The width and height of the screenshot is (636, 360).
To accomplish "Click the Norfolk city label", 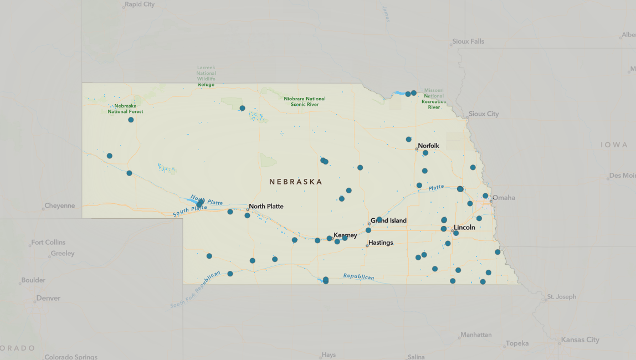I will pyautogui.click(x=428, y=146).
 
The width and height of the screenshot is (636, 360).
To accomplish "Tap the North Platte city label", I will pyautogui.click(x=266, y=207).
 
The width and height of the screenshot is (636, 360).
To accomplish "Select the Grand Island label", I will pyautogui.click(x=388, y=220).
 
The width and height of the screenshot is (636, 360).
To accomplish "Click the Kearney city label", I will pyautogui.click(x=345, y=235).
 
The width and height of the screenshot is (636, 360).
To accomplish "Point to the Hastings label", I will pyautogui.click(x=381, y=243).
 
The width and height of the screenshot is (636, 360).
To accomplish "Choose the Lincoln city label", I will pyautogui.click(x=464, y=228).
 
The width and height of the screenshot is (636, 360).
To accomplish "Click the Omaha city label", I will pyautogui.click(x=504, y=198).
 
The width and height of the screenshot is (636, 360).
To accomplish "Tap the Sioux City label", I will pyautogui.click(x=484, y=114).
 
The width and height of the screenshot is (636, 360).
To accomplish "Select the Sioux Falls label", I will pyautogui.click(x=468, y=42).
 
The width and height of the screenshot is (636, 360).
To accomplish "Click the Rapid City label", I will pyautogui.click(x=140, y=4).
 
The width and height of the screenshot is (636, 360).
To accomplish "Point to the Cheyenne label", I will pyautogui.click(x=59, y=206).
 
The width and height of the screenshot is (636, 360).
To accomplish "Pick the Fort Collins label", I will pyautogui.click(x=48, y=243).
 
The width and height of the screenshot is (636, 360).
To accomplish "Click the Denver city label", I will pyautogui.click(x=48, y=298).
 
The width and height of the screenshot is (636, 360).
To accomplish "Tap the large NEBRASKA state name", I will pyautogui.click(x=295, y=182).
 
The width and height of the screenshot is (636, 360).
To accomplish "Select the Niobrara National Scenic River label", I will pyautogui.click(x=305, y=101).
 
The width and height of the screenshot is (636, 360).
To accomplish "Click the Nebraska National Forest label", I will pyautogui.click(x=125, y=109).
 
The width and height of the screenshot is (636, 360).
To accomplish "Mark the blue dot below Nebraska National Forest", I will pyautogui.click(x=131, y=120).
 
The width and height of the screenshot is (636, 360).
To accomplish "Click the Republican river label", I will pyautogui.click(x=358, y=276).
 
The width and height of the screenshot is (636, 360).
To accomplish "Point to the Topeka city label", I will pyautogui.click(x=517, y=343).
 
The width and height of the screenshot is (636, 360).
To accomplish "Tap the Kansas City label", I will pyautogui.click(x=580, y=340).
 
